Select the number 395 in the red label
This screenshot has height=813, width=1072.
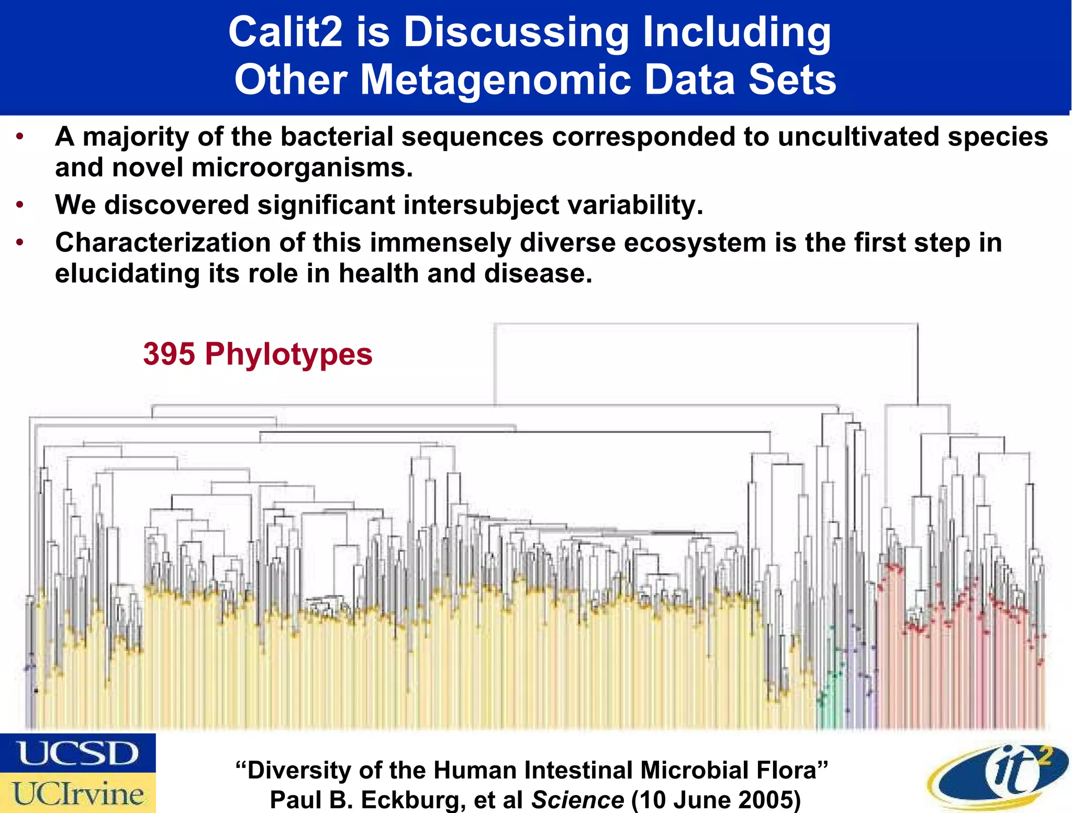(169, 354)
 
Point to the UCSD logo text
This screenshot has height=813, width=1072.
(78, 753)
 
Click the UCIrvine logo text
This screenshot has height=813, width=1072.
(78, 794)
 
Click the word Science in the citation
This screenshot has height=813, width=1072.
(577, 800)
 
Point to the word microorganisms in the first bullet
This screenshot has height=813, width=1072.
(302, 168)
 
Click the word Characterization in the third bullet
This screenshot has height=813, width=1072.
(163, 243)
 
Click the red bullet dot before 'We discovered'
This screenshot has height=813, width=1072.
(20, 205)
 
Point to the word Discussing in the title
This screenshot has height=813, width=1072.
(516, 32)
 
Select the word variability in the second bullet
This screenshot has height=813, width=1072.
(635, 205)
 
